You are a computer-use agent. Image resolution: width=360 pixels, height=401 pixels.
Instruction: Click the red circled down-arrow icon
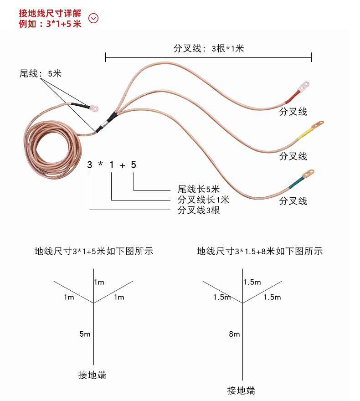(x=93, y=18)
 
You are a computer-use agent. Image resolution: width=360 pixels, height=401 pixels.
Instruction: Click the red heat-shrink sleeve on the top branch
(x=292, y=96)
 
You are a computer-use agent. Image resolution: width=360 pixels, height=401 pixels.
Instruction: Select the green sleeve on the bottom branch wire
(x=296, y=182)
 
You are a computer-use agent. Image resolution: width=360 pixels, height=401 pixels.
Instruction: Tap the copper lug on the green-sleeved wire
(x=309, y=173)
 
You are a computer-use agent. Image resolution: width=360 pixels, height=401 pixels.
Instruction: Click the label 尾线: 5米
(x=40, y=73)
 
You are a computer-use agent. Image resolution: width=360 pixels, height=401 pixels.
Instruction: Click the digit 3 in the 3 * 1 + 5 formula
(x=90, y=165)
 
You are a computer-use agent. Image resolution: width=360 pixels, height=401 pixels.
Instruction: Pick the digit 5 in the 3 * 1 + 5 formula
(x=133, y=165)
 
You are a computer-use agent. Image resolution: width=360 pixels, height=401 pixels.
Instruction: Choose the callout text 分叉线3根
(x=199, y=210)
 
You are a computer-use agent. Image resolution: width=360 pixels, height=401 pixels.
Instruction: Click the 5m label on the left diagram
(x=85, y=334)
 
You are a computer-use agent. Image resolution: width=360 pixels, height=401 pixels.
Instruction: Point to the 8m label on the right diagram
(x=234, y=334)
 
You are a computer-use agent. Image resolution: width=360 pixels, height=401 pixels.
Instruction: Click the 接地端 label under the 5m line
(x=92, y=375)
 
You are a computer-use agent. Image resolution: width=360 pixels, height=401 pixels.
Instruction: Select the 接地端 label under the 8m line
(x=241, y=391)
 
